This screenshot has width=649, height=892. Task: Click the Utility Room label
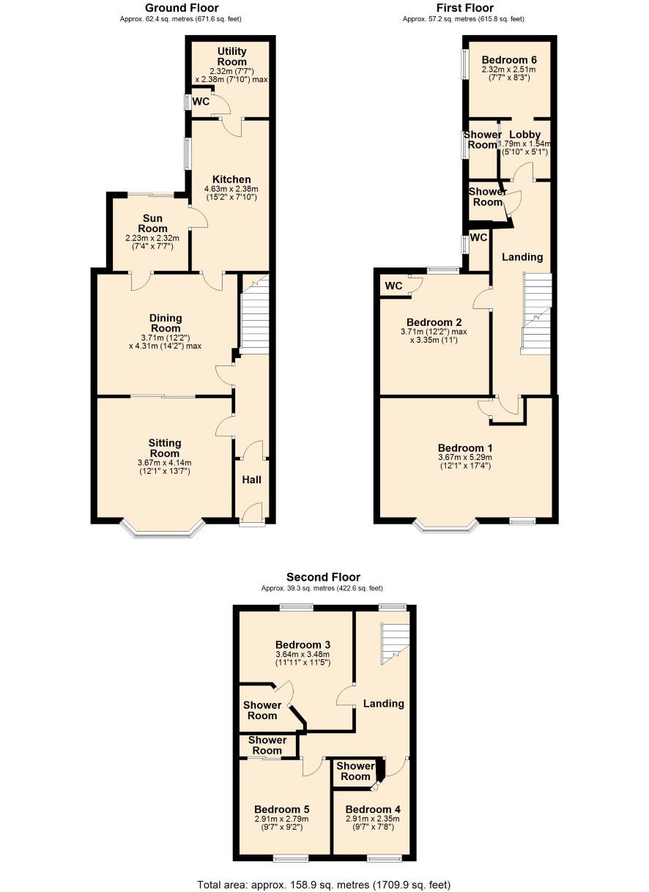pyautogui.click(x=231, y=56)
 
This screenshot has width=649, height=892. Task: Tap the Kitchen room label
pyautogui.click(x=231, y=179)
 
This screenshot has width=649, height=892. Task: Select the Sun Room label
pyautogui.click(x=152, y=223)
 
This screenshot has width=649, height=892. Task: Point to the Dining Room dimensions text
pyautogui.click(x=165, y=342)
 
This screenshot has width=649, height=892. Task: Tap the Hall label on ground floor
pyautogui.click(x=252, y=480)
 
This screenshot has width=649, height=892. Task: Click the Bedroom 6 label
pyautogui.click(x=509, y=60)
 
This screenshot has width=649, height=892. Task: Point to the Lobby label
pyautogui.click(x=524, y=135)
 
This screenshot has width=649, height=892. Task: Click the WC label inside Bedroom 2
pyautogui.click(x=393, y=286)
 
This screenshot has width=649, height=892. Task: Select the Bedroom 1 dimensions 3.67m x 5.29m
pyautogui.click(x=465, y=457)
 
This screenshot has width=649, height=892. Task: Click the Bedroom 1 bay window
pyautogui.click(x=446, y=526)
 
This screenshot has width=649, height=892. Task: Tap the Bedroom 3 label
pyautogui.click(x=303, y=644)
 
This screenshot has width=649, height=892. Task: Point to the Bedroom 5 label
pyautogui.click(x=282, y=809)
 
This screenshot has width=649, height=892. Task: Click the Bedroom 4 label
pyautogui.click(x=373, y=809)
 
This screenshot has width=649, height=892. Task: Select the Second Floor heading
pyautogui.click(x=323, y=577)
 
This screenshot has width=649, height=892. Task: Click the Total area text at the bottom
pyautogui.click(x=324, y=882)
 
